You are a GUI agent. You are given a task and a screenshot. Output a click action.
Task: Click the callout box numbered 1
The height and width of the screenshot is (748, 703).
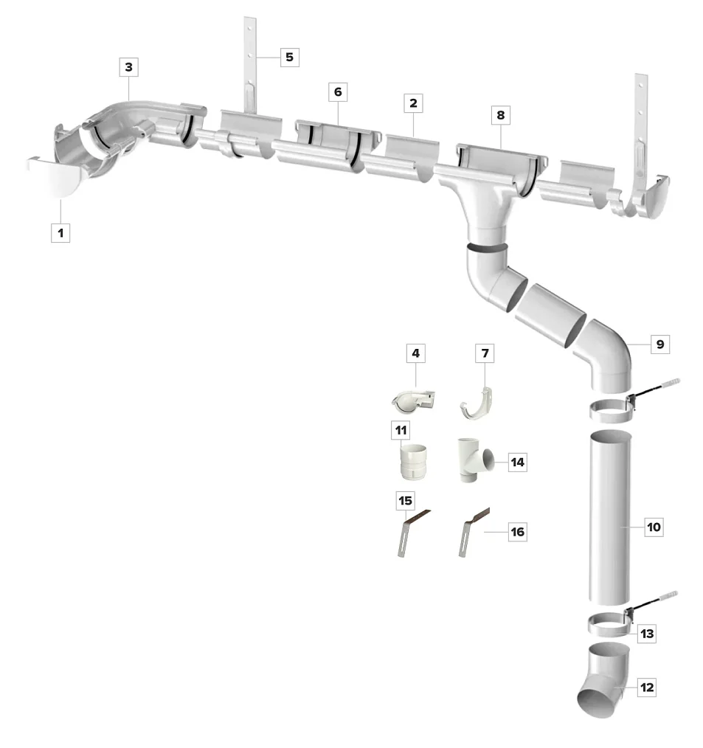click(x=60, y=233)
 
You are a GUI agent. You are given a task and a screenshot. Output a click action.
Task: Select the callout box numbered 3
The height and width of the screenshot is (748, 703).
click(x=128, y=67)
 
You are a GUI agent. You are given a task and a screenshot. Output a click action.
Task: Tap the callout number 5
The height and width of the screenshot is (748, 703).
click(x=289, y=57)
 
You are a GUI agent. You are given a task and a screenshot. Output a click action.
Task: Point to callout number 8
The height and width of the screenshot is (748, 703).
click(x=501, y=115)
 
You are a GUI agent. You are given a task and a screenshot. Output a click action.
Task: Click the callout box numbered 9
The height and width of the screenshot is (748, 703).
click(x=659, y=343)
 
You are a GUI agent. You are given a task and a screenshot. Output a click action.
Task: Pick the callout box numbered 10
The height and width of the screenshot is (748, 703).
click(x=654, y=527)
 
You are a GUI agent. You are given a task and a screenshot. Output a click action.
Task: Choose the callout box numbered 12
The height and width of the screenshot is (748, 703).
click(x=647, y=688)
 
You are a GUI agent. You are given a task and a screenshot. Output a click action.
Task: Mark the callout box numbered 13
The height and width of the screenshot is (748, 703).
click(x=647, y=634)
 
